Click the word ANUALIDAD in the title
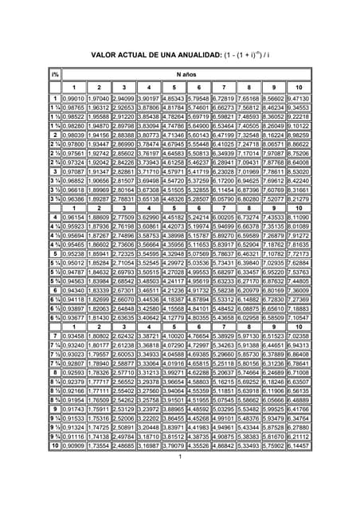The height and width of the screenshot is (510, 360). click(194, 55)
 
